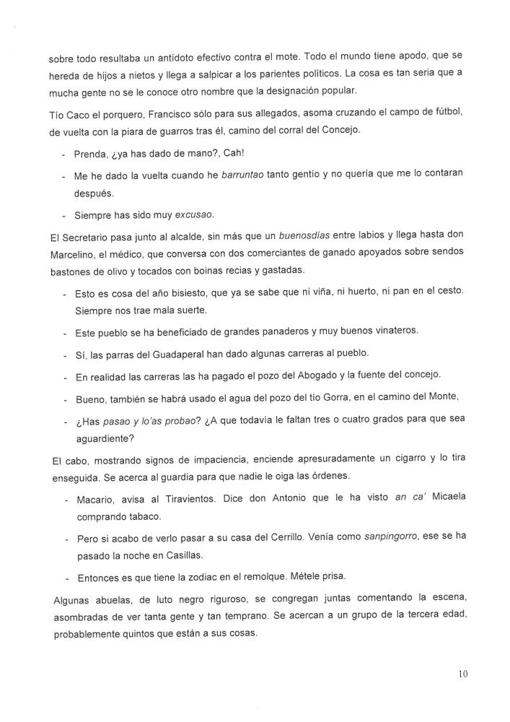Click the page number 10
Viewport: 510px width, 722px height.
point(462,674)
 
